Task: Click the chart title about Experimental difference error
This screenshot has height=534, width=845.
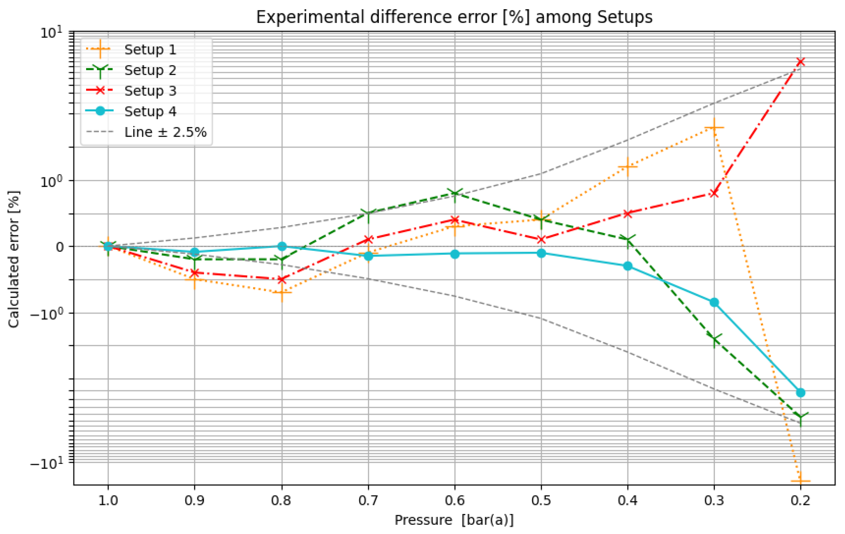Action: [454, 17]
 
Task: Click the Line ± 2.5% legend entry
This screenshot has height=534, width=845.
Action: [165, 132]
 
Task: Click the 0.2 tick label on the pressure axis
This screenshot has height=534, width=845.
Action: [801, 501]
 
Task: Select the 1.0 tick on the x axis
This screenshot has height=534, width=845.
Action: [108, 501]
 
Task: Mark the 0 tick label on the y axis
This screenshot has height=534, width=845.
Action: [60, 247]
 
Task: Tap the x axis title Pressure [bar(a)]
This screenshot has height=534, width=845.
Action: [454, 520]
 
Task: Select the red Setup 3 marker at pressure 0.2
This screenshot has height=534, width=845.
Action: [801, 62]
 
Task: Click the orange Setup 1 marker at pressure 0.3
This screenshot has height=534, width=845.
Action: [714, 127]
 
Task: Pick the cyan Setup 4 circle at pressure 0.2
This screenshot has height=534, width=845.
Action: [801, 393]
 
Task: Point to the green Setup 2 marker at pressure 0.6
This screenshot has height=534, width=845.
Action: [455, 193]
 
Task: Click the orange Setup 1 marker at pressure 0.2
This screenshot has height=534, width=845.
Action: [801, 481]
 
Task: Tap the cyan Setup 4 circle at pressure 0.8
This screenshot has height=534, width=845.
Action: [282, 246]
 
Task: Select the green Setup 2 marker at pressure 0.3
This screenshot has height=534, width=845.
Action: [714, 339]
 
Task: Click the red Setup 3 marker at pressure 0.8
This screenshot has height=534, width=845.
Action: [281, 280]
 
